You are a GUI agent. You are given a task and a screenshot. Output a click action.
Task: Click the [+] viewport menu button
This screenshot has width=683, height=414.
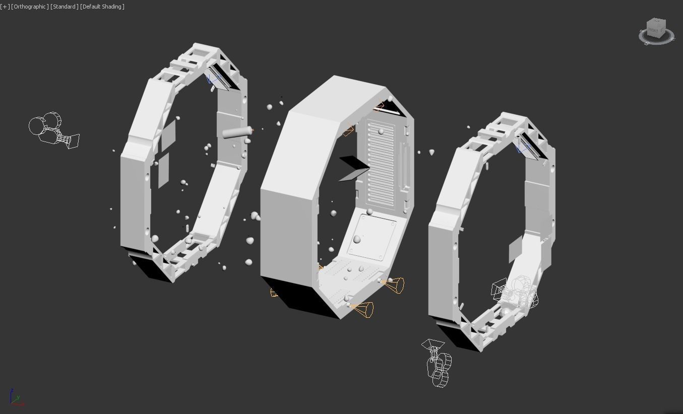pyautogui.click(x=5, y=7)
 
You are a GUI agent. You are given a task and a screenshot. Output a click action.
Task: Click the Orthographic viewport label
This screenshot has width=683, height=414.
pyautogui.click(x=30, y=7)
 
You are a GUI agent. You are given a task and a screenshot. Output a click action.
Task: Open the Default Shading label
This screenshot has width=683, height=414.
pyautogui.click(x=102, y=7)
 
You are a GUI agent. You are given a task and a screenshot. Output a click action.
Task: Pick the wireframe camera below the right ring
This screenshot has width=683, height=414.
pyautogui.click(x=438, y=363)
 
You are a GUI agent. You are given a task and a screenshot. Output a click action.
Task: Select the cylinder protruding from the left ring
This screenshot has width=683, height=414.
pyautogui.click(x=236, y=132)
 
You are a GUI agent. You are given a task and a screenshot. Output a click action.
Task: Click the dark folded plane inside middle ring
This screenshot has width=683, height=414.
pyautogui.click(x=354, y=168)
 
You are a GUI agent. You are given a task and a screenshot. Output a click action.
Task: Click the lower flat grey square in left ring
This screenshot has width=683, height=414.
pyautogui.click(x=163, y=170)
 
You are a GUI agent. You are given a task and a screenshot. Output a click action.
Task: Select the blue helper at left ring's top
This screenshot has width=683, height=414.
pyautogui.click(x=213, y=80)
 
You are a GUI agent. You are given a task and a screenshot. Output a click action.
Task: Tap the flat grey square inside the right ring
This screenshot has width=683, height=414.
pyautogui.click(x=515, y=249)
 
